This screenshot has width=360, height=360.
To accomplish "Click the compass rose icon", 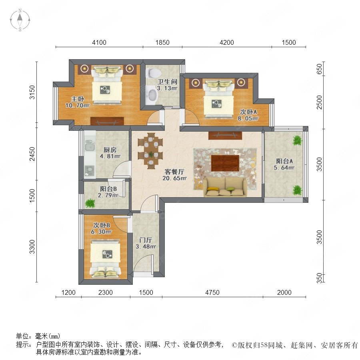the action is pos(20,20).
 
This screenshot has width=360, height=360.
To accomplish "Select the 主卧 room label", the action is pos(77,99).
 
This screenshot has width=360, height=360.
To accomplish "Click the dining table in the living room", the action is pos(151,151).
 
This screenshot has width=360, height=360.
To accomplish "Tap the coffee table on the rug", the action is pos(225,163).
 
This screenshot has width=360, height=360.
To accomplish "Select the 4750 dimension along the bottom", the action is pos(212,292).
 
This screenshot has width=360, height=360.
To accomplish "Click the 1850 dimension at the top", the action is pos(162,42).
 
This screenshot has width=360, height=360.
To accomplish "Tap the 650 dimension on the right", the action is pos(319,69).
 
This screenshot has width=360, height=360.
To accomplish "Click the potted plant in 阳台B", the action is pos(90,203).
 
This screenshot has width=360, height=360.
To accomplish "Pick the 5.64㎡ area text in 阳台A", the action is pos(284,168).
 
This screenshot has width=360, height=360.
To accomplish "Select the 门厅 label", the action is pos(146,240).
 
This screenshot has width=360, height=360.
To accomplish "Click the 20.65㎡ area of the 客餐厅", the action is pos(174,178).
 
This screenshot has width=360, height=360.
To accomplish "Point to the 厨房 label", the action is pos(110,150).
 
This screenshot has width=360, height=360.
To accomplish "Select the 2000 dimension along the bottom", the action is pos(284,292).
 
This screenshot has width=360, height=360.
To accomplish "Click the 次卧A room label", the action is pos(248,112).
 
